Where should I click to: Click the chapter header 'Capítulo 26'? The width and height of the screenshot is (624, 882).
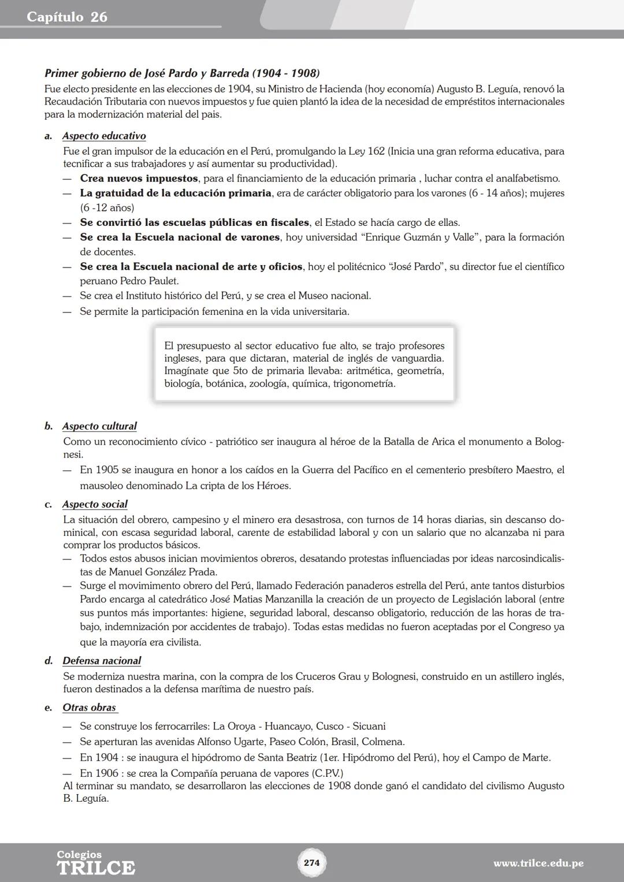click(67, 17)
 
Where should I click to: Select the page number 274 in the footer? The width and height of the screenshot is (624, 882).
click(311, 862)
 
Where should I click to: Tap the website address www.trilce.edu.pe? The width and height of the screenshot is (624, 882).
click(538, 864)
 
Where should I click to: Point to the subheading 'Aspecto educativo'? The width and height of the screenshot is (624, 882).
click(104, 136)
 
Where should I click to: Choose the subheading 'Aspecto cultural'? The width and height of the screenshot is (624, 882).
click(99, 426)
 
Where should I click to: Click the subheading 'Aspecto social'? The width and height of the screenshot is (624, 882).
click(95, 504)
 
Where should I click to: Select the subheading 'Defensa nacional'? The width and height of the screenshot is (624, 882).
click(102, 661)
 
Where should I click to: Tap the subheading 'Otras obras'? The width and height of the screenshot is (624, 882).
click(90, 708)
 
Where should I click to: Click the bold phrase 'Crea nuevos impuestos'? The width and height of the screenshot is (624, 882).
click(139, 178)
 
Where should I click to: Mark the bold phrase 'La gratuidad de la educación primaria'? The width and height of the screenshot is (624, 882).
click(176, 193)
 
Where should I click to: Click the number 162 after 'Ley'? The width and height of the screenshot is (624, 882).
click(376, 151)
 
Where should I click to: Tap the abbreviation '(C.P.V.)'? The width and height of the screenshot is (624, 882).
click(328, 773)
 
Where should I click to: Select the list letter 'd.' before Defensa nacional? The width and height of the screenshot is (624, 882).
click(49, 661)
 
